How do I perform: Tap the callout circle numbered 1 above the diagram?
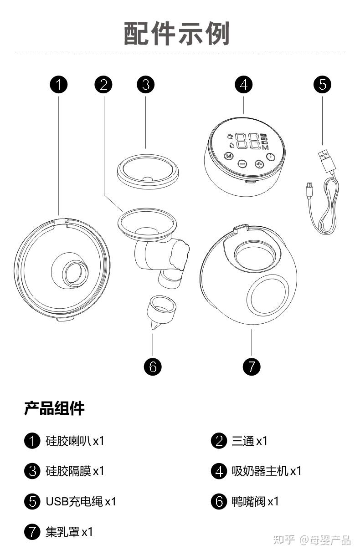coord(59,84)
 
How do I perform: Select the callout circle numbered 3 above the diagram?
coord(146,84)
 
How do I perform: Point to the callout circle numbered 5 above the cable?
coord(323,84)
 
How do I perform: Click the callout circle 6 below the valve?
coord(153,366)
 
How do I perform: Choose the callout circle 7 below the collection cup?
coord(252,366)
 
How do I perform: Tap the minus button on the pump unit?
coord(242,164)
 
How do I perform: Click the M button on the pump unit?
coord(229,156)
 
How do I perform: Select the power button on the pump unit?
coord(272,157)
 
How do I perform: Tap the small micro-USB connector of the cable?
coord(309,187)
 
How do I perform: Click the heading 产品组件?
coord(54,408)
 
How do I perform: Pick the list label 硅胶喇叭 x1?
coord(75,441)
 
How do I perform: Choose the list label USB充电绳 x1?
coord(81,501)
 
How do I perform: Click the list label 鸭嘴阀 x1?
coord(255,501)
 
